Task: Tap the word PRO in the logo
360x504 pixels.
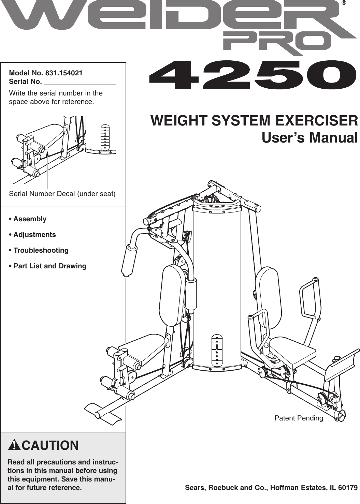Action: [x=277, y=42]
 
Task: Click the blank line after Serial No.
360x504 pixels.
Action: [x=80, y=82]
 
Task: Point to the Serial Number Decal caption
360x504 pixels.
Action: [x=62, y=194]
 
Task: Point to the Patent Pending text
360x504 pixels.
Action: [x=299, y=418]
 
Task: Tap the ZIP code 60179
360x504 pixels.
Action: [x=348, y=488]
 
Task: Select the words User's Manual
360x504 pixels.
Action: [x=309, y=138]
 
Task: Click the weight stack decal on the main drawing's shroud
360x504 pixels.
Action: [x=217, y=350]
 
